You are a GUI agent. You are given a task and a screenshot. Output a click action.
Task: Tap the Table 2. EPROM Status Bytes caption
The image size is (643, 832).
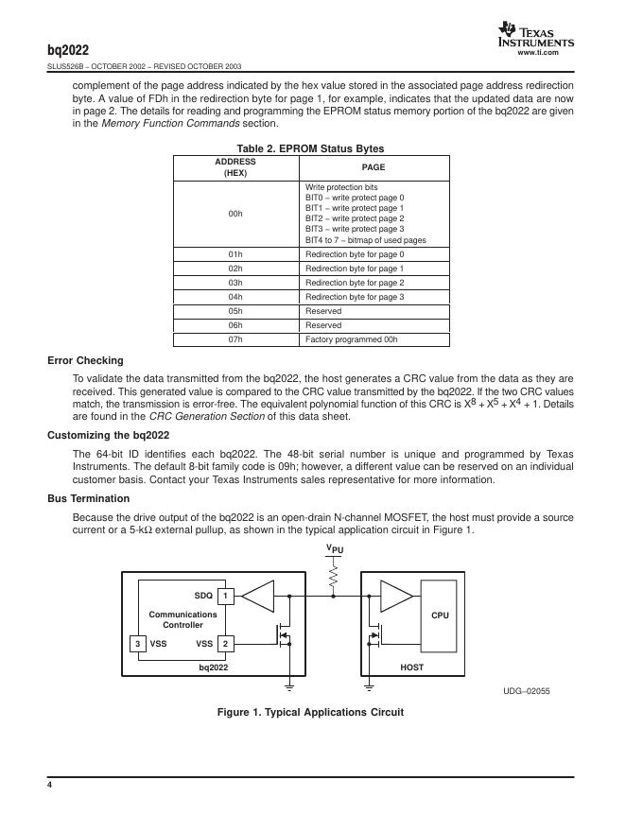tap(310, 148)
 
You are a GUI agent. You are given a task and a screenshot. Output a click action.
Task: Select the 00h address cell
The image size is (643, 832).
tap(235, 214)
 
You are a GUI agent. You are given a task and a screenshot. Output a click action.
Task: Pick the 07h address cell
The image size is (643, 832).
tap(235, 339)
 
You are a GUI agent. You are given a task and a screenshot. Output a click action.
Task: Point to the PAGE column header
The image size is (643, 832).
tap(374, 167)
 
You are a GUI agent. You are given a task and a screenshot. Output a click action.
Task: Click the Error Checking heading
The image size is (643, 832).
tap(85, 360)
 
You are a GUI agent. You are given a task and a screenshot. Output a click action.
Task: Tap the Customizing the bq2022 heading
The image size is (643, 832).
tap(108, 435)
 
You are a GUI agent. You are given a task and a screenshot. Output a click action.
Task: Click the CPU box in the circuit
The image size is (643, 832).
tap(440, 615)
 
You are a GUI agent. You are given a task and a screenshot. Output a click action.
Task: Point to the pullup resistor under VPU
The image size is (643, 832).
tap(333, 576)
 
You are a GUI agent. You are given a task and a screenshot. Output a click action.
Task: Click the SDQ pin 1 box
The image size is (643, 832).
tap(225, 597)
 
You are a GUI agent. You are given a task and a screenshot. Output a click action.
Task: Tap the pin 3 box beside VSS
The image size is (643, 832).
tap(138, 644)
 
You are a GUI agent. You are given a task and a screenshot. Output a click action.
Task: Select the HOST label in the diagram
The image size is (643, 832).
tap(412, 667)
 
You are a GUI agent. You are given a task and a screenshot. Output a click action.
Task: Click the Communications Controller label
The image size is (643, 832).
tap(182, 619)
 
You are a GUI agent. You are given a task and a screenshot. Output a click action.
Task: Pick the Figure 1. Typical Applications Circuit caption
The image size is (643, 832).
tap(310, 712)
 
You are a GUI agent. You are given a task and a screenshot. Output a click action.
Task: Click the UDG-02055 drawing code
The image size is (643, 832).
tap(527, 691)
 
